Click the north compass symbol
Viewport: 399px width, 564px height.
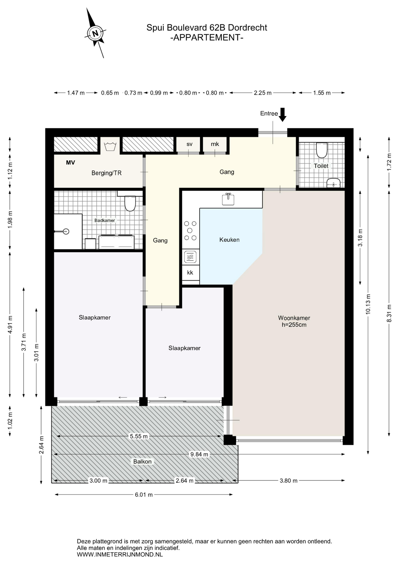tap(95, 33)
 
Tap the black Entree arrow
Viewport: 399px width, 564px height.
tap(282, 115)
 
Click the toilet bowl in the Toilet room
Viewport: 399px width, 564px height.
tap(322, 150)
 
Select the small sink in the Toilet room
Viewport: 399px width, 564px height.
tap(333, 183)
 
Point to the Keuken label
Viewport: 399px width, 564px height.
tap(229, 240)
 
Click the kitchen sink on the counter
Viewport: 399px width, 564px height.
tap(228, 199)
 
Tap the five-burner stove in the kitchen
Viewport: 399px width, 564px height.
tap(190, 231)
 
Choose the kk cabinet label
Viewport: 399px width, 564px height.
tap(190, 273)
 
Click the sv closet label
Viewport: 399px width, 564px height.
tap(190, 144)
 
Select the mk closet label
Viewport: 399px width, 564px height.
tap(215, 144)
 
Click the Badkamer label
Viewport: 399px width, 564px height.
tap(105, 220)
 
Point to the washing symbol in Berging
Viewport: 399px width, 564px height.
tap(110, 146)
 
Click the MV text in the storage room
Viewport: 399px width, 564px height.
tap(71, 162)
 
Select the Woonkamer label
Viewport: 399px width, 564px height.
tap(294, 318)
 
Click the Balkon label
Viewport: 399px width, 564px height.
tap(142, 461)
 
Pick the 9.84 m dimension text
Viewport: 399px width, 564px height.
tap(199, 454)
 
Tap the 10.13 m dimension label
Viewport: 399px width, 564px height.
tap(368, 304)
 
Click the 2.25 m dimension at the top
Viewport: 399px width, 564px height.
tap(263, 93)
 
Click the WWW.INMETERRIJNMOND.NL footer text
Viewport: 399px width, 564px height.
tap(120, 555)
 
